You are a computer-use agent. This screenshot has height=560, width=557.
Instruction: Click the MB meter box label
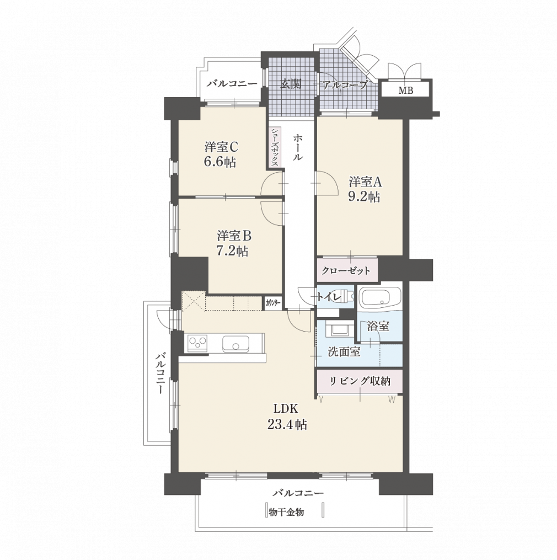tap(405, 90)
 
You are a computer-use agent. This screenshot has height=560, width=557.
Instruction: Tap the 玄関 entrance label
tap(291, 83)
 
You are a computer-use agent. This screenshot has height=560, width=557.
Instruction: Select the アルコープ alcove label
tap(345, 85)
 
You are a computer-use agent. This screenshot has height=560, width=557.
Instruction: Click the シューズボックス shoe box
tap(275, 147)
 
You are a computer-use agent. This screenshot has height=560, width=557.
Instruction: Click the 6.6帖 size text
tap(220, 162)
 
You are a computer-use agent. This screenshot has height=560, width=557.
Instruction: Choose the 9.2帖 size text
tap(364, 197)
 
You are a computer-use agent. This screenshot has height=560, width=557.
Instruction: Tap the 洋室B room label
tap(234, 236)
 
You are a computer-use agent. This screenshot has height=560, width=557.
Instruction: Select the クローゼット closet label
tap(346, 270)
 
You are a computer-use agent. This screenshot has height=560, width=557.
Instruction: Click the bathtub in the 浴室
tap(380, 297)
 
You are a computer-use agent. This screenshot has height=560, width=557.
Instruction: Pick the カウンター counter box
tap(273, 303)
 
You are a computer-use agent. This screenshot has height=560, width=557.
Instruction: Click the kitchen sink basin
tap(235, 344)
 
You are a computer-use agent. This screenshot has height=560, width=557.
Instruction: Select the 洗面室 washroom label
tap(344, 352)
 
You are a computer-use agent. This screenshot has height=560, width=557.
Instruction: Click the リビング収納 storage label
tap(360, 381)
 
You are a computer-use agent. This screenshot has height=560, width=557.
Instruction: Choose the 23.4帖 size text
tap(287, 425)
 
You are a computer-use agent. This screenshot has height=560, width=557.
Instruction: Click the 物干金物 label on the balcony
tap(286, 513)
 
